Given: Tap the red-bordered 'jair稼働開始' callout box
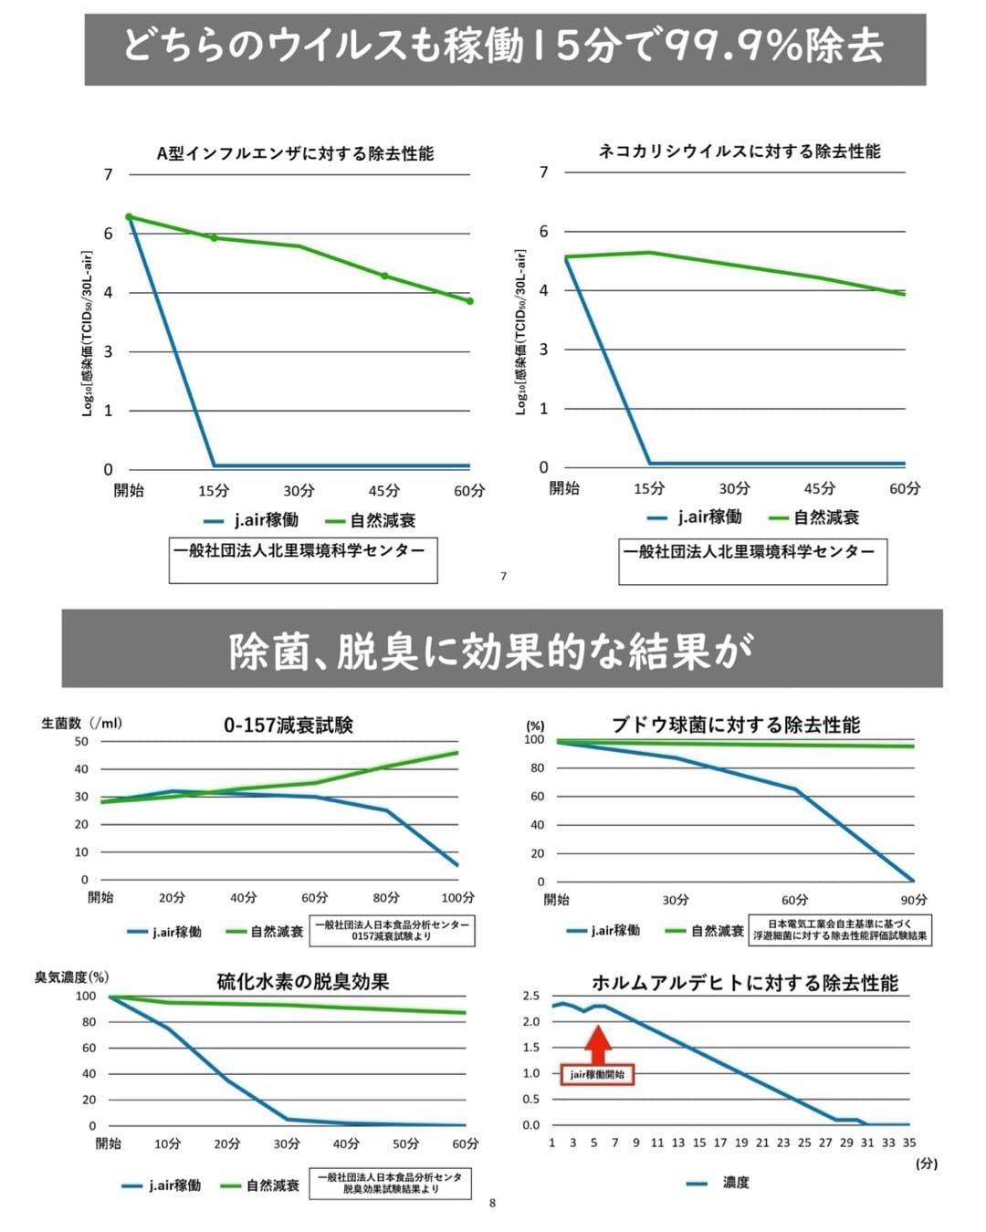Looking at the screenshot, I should point(597,1074).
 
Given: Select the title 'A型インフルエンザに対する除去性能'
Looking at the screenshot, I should point(295,153).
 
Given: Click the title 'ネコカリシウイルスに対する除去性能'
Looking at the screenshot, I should point(739,151).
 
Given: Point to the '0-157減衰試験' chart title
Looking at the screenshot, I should point(288,726).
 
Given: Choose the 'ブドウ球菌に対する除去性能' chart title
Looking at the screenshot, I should point(736,725).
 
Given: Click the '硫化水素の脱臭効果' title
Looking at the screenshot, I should point(303,982).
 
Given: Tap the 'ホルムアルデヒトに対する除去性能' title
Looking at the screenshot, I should point(745,983).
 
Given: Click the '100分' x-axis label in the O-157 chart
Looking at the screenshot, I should point(457,898).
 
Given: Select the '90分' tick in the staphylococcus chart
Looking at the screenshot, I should point(913,900).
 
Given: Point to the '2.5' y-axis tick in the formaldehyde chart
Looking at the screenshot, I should point(530,996).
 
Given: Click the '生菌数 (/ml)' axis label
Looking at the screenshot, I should point(81,723).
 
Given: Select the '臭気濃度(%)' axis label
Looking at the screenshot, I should point(71,977).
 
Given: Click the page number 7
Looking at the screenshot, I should point(503,576).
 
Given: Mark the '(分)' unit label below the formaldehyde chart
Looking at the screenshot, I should point(926,1164).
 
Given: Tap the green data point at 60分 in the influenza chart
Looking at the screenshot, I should point(470,301).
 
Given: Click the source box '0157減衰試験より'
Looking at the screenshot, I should point(392,931).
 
